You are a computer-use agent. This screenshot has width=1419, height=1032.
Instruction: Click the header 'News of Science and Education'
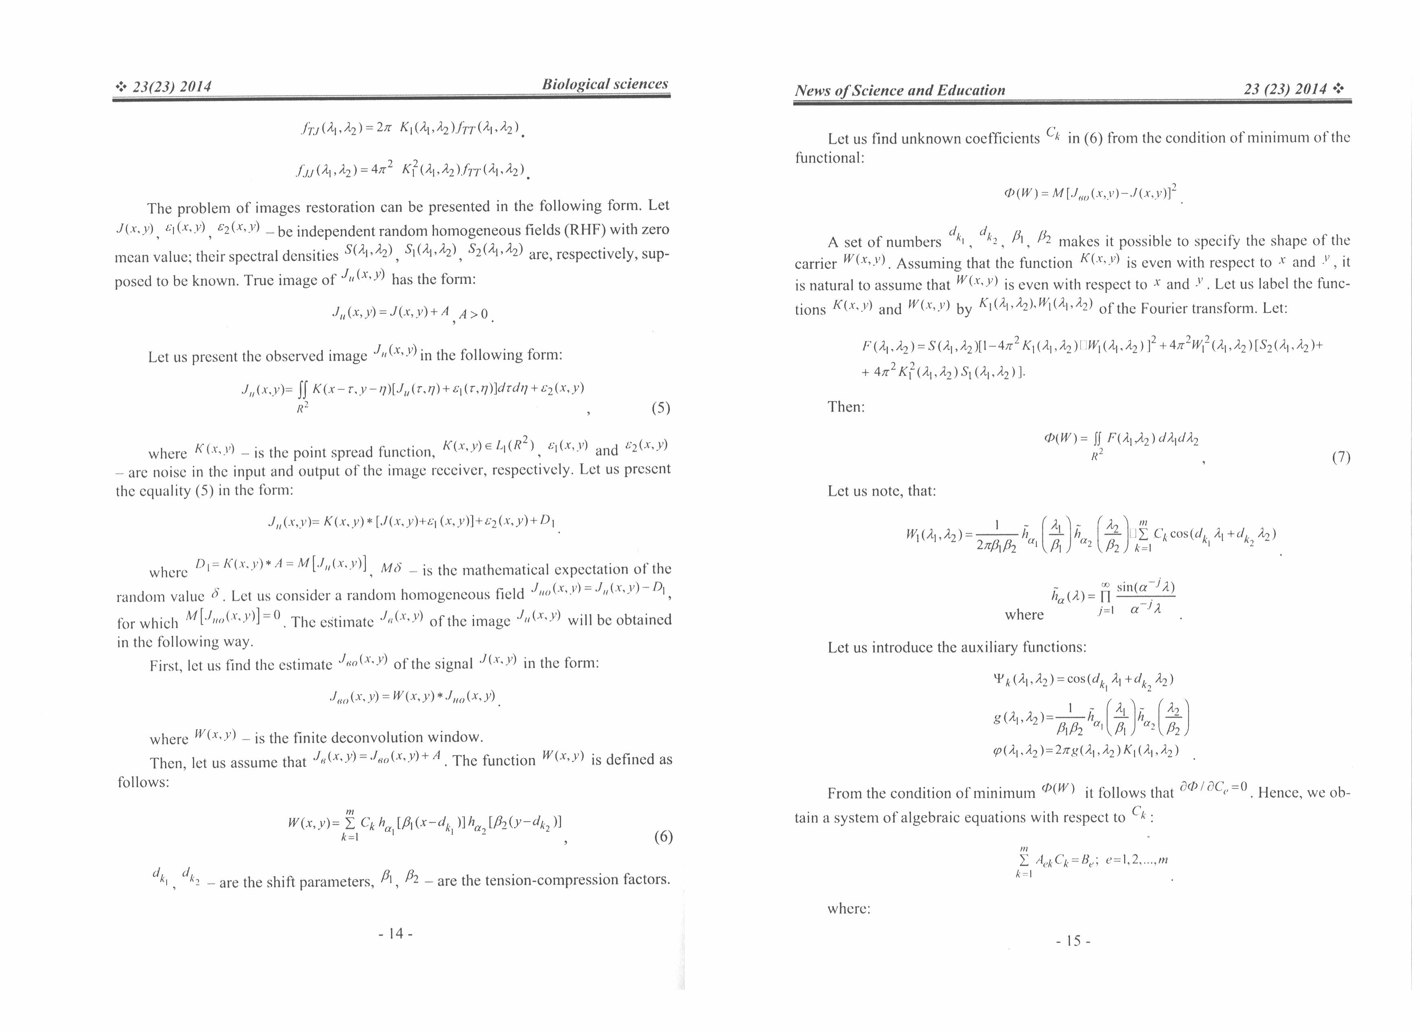(x=900, y=90)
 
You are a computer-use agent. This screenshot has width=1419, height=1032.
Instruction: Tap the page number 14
(x=396, y=934)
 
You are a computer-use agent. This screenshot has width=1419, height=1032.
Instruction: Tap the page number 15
(x=1072, y=941)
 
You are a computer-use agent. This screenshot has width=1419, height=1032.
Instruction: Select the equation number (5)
(x=661, y=408)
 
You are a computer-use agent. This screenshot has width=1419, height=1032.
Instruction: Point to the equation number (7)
(x=1341, y=457)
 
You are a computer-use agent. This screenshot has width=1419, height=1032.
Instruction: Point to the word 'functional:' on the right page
(x=829, y=158)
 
